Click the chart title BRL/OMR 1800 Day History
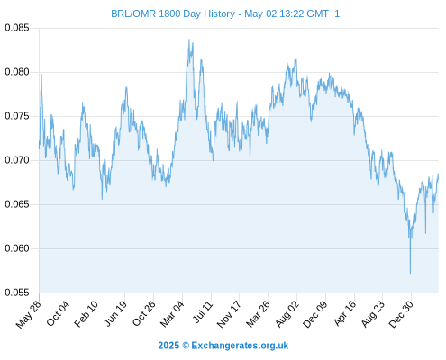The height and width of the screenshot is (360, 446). pos(173,13)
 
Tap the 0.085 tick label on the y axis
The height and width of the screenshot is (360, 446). pos(17,28)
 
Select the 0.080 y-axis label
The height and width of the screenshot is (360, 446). pos(17,72)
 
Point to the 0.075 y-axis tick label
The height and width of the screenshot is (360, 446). pos(17,116)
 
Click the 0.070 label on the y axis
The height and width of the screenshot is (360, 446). pos(17,160)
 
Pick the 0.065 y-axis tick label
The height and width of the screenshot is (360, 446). pos(17,204)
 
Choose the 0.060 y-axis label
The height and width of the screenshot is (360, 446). pos(17,248)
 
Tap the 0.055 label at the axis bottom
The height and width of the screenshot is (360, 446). pos(17,292)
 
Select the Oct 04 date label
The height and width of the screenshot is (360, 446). pos(58,313)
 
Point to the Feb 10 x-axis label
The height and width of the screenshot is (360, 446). pos(86,314)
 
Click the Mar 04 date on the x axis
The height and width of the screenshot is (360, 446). pos(172,314)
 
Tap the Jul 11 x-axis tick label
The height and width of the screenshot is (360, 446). pos(203,312)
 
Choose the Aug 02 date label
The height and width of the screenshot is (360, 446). pos(287,314)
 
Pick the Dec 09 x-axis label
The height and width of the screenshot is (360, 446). pos(315,314)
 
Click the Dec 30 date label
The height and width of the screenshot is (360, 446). pos(401,314)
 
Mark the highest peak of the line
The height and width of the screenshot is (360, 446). pos(189,39)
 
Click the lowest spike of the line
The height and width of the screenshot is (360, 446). pos(410,274)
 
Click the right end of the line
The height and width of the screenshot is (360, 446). pos(438,174)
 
